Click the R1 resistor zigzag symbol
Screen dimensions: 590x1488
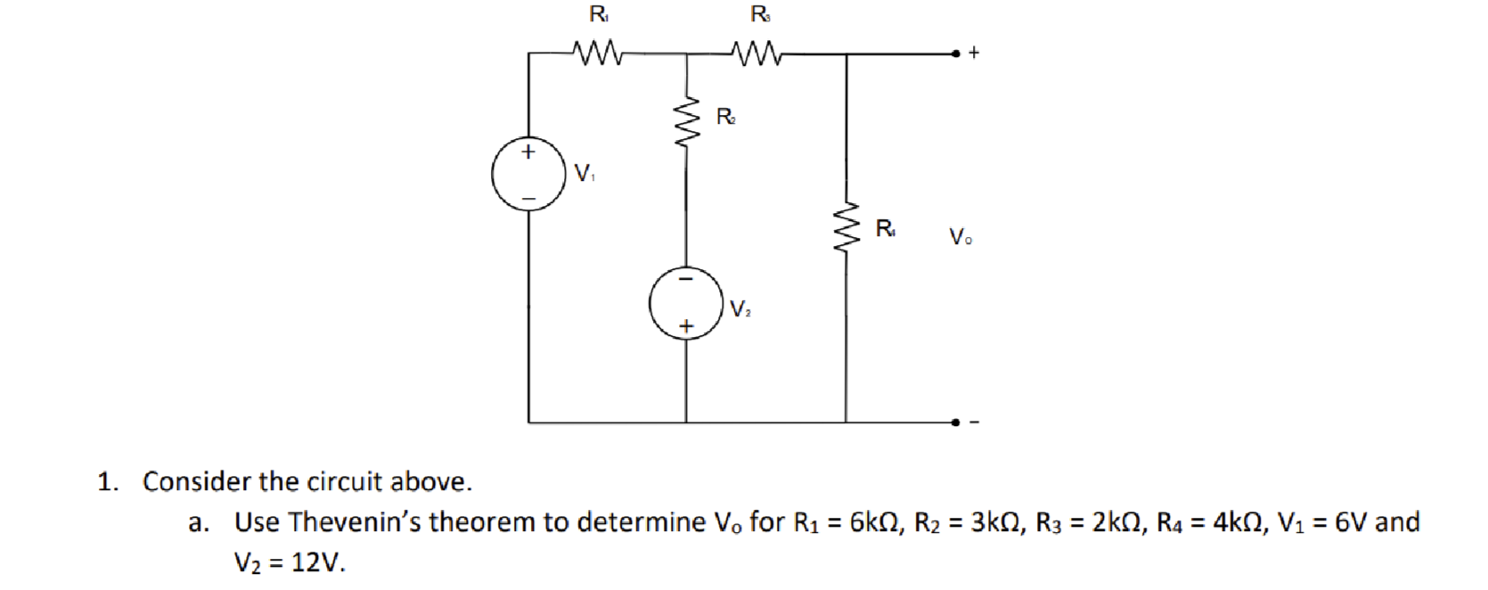point(600,54)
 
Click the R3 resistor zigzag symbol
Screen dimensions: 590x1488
point(757,54)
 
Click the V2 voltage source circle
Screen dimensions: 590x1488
point(685,303)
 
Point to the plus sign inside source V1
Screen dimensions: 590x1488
point(528,152)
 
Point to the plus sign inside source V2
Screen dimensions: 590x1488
point(685,327)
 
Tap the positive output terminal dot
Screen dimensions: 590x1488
point(955,53)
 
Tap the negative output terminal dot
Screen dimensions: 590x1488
point(955,422)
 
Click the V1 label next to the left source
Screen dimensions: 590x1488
point(585,173)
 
